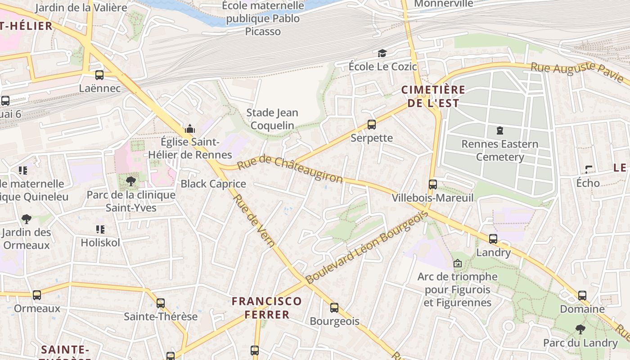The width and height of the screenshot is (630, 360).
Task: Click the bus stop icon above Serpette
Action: click(371, 125)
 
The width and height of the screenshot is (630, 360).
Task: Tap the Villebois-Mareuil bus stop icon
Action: click(432, 184)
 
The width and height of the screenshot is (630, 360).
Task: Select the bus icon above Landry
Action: click(493, 239)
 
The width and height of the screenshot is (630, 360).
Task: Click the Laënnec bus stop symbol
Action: click(99, 75)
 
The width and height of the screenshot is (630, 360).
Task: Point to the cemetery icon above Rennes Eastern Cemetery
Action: click(499, 131)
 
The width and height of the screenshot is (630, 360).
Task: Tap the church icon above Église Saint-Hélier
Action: click(190, 129)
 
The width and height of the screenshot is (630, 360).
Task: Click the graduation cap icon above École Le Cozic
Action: click(382, 54)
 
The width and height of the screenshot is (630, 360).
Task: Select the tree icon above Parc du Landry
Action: click(580, 329)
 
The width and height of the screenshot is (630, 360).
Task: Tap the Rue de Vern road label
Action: click(254, 220)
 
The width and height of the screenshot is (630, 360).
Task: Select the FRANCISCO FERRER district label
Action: click(267, 308)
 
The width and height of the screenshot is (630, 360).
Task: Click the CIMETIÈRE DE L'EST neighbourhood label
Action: click(433, 96)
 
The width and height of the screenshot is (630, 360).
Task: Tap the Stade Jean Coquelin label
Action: click(272, 119)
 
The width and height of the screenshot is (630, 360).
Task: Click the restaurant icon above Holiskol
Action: click(100, 229)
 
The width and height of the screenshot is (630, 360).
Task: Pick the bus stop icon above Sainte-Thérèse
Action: click(161, 303)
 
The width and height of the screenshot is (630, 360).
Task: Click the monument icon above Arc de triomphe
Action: click(458, 263)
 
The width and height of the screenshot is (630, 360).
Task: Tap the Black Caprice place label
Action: click(213, 184)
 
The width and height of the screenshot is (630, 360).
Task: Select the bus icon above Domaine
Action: click(582, 296)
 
